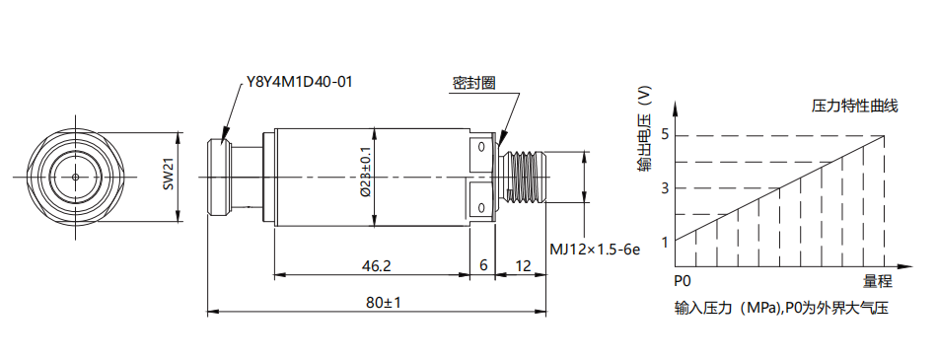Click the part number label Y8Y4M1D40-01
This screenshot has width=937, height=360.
pyautogui.click(x=299, y=81)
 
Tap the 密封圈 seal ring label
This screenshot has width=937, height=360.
pyautogui.click(x=473, y=83)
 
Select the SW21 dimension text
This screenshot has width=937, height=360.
pyautogui.click(x=169, y=177)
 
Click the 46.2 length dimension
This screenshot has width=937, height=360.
pyautogui.click(x=376, y=265)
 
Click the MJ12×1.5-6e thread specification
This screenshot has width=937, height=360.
pyautogui.click(x=595, y=250)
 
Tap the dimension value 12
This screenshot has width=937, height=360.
pyautogui.click(x=523, y=265)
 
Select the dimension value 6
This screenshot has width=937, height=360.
pyautogui.click(x=483, y=265)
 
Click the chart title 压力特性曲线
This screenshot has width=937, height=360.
pyautogui.click(x=854, y=107)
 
